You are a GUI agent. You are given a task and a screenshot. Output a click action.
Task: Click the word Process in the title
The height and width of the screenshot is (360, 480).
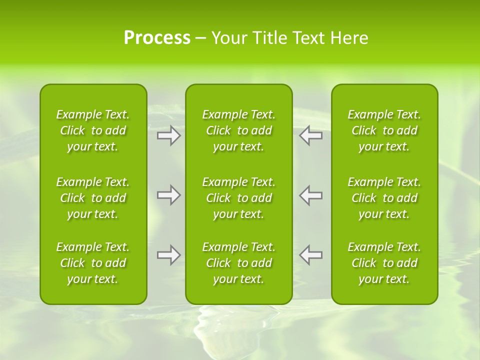[x=157, y=38]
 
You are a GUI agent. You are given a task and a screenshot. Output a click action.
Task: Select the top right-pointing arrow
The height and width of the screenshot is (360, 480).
[x=169, y=135]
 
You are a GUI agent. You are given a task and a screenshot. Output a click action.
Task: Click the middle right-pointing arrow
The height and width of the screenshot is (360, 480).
[x=169, y=195]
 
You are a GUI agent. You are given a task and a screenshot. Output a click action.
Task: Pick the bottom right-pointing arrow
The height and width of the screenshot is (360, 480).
[x=169, y=254]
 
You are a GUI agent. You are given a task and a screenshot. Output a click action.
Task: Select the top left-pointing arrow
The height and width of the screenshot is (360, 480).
[x=310, y=135]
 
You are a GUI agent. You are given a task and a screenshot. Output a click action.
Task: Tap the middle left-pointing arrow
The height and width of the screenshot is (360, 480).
[x=310, y=195]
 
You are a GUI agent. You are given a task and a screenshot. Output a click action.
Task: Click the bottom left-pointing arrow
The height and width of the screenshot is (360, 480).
[x=310, y=254]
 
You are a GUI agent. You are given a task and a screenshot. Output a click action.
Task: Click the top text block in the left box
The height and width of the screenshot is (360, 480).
[x=93, y=130]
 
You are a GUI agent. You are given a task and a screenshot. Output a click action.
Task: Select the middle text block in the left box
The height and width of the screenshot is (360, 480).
[x=93, y=198]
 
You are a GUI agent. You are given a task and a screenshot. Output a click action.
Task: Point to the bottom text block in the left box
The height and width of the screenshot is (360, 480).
[x=93, y=263]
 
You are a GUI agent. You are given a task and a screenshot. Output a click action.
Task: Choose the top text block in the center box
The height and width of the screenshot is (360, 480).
[x=239, y=130]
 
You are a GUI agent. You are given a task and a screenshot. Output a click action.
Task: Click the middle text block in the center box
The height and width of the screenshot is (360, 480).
[x=239, y=198]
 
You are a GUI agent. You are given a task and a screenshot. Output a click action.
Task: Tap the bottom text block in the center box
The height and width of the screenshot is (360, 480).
[x=239, y=263]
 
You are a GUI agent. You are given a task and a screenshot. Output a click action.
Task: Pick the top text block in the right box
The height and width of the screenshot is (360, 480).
[x=384, y=130]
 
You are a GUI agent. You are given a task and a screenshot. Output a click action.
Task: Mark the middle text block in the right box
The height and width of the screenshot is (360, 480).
[x=384, y=198]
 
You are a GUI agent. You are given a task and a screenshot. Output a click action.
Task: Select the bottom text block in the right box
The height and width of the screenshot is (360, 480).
[x=384, y=263]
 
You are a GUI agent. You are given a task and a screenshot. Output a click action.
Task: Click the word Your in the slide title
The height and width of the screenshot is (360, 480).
[x=228, y=38]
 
